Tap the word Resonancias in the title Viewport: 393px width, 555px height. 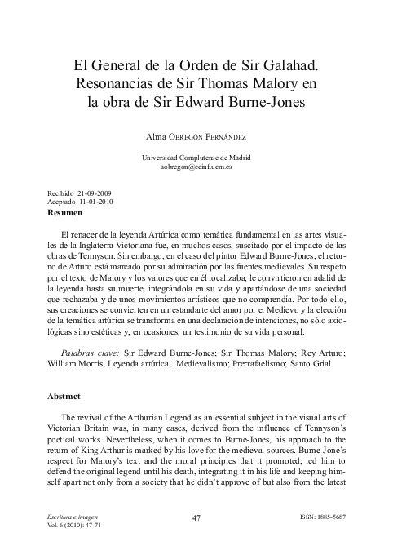coord(119,84)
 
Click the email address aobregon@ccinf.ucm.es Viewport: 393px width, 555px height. coord(196,166)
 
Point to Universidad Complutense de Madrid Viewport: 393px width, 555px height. coord(196,156)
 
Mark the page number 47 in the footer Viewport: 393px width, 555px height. coord(196,517)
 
